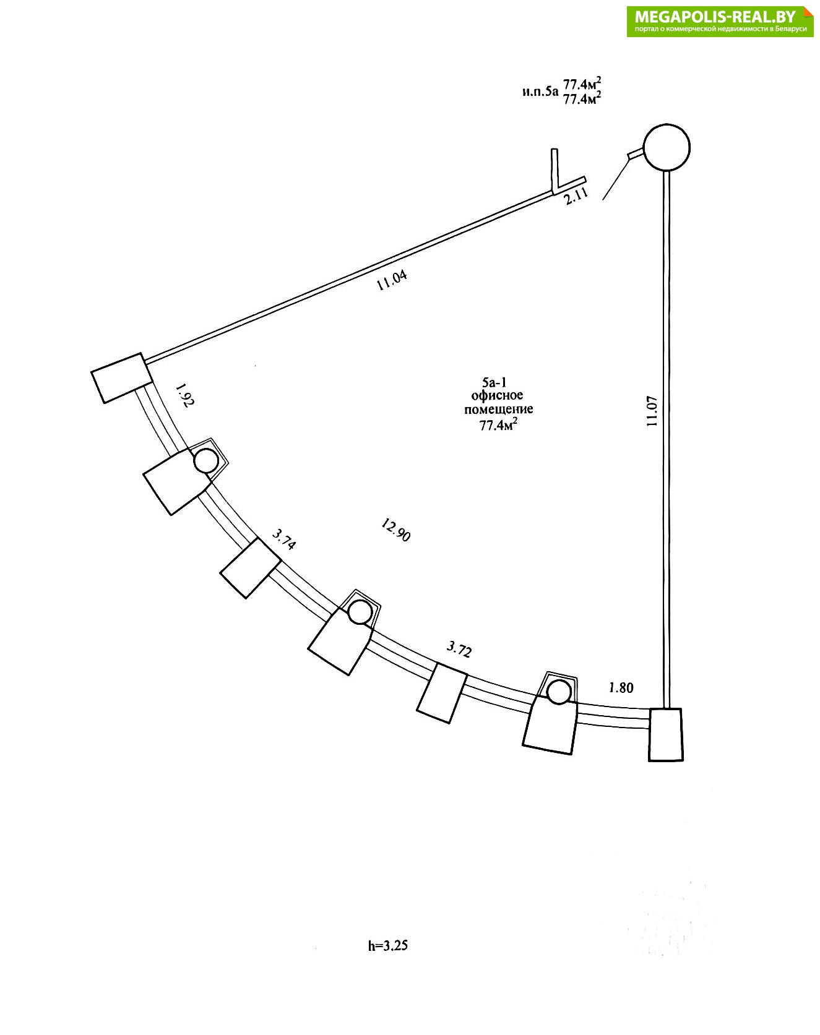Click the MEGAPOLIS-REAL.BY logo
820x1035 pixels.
pos(720,22)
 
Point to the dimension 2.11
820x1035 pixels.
pos(576,196)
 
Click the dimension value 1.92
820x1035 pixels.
pos(184,395)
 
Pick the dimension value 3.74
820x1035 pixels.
pos(284,539)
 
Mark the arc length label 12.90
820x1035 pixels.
pos(395,530)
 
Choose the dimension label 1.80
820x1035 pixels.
pos(621,687)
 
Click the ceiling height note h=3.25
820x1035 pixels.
pos(388,945)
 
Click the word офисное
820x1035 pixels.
pos(497,395)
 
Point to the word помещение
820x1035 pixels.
pos(498,410)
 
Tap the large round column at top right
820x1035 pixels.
pos(667,147)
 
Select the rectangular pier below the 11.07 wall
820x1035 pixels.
pos(665,734)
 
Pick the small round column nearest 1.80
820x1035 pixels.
pos(559,692)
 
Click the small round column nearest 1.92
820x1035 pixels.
pos(206,461)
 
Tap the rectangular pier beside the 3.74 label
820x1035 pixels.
pos(251,568)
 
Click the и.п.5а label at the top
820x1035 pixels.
pos(540,92)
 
